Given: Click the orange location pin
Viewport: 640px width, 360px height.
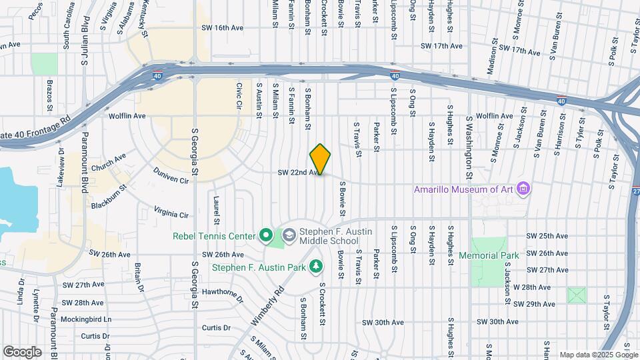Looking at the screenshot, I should click(x=320, y=159).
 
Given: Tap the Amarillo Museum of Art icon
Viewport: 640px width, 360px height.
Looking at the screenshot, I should click(x=524, y=189).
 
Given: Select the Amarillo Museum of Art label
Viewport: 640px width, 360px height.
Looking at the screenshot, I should click(x=464, y=189).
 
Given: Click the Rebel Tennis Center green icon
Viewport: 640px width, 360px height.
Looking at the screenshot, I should click(x=266, y=235).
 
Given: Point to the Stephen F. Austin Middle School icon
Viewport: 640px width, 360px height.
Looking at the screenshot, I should click(x=289, y=235).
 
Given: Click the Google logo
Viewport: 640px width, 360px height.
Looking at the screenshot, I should click(x=22, y=351).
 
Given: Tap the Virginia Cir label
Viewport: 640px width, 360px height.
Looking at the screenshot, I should click(x=171, y=211).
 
